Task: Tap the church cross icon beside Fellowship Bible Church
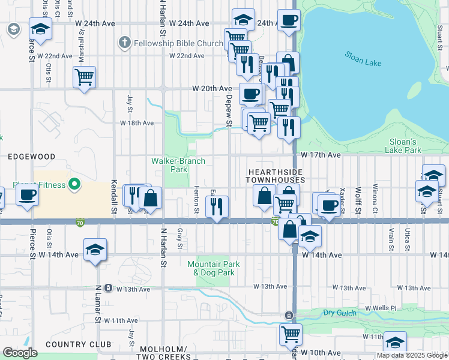coord(124,43)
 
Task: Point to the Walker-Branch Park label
coord(178,165)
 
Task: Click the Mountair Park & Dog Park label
coord(213,268)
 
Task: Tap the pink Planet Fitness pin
coord(74,184)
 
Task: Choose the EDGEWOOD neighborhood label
coord(31,156)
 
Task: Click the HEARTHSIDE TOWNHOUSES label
coord(277,176)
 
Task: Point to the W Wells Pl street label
coord(381,308)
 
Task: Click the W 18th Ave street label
coord(137,122)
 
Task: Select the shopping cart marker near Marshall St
coord(84,76)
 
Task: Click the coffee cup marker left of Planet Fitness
coord(26,195)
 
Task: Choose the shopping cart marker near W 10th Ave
coord(291,333)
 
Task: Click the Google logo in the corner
coord(20,353)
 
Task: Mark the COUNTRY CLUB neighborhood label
coord(78,344)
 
